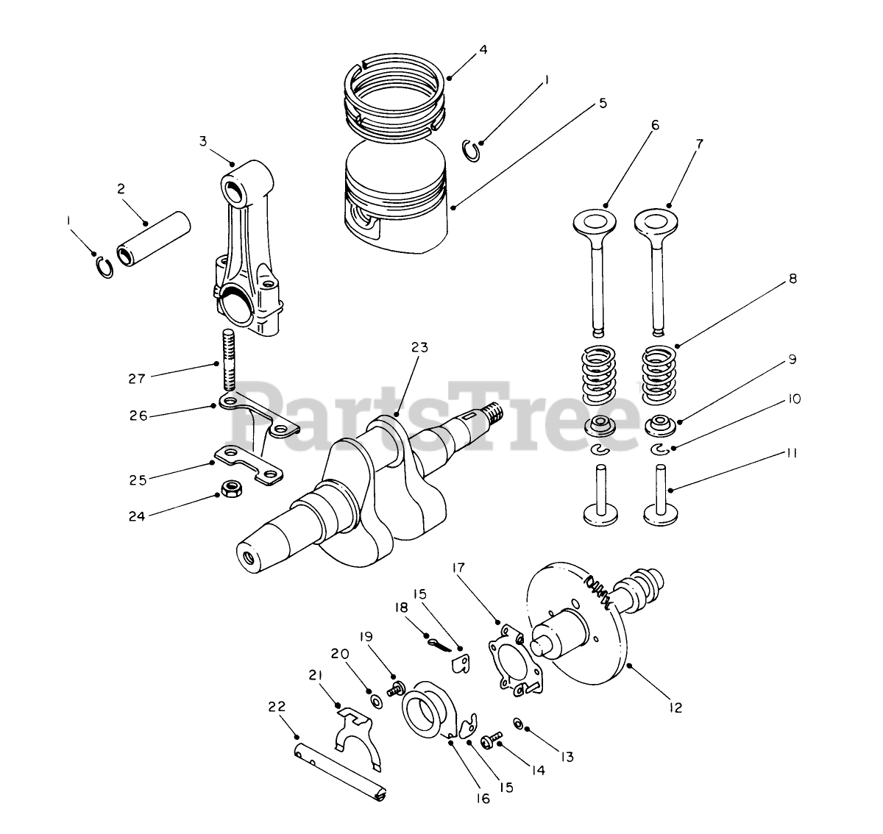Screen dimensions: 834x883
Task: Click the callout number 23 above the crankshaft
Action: pos(419,347)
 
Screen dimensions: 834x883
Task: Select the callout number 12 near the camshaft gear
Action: pos(675,708)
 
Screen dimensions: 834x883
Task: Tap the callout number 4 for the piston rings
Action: pos(483,50)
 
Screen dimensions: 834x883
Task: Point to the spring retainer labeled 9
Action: pos(659,426)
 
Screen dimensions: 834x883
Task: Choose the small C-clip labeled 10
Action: pos(660,449)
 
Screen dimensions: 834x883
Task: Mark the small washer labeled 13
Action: pos(518,724)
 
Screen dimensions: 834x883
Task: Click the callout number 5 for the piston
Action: pos(603,104)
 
